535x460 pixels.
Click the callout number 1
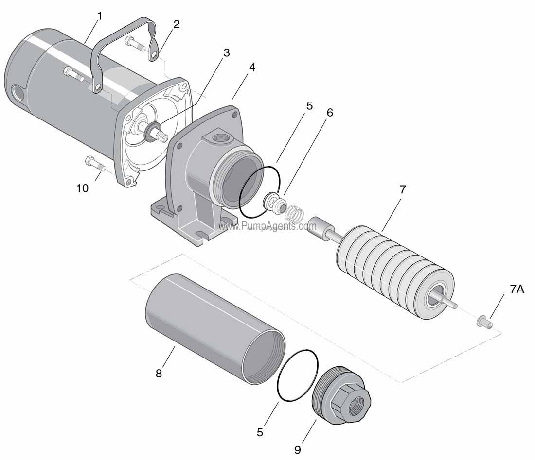pos(100,16)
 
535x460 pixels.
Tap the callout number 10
pos(82,188)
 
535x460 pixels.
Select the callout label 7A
pos(517,289)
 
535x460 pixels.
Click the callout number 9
pos(297,450)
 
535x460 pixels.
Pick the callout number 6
pos(330,112)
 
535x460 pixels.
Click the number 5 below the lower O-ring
pos(260,431)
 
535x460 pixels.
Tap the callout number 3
pos(226,52)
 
